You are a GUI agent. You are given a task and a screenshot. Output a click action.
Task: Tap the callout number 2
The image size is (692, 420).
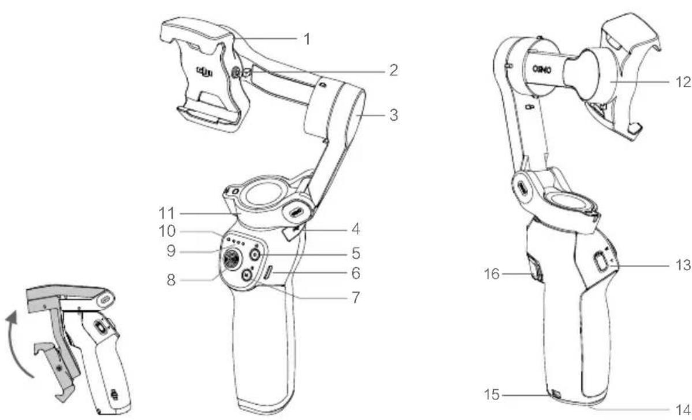point(393,71)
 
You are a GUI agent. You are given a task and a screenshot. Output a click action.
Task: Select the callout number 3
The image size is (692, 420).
point(393,115)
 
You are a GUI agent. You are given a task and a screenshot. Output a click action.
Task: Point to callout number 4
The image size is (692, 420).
point(355,230)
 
